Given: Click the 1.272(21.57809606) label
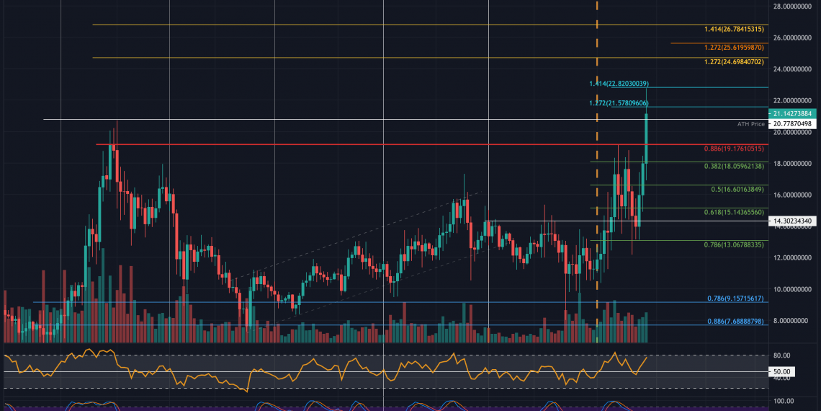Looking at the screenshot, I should tap(619, 103).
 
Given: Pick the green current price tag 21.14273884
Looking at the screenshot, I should tap(791, 114).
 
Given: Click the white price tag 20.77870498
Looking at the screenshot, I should tap(791, 124).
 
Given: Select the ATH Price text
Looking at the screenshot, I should tap(750, 124).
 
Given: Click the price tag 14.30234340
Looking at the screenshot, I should tap(791, 221).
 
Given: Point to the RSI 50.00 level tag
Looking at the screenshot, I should tap(781, 372).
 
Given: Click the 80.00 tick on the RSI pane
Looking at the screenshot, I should tap(781, 355).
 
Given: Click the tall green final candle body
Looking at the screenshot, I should tap(647, 137).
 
